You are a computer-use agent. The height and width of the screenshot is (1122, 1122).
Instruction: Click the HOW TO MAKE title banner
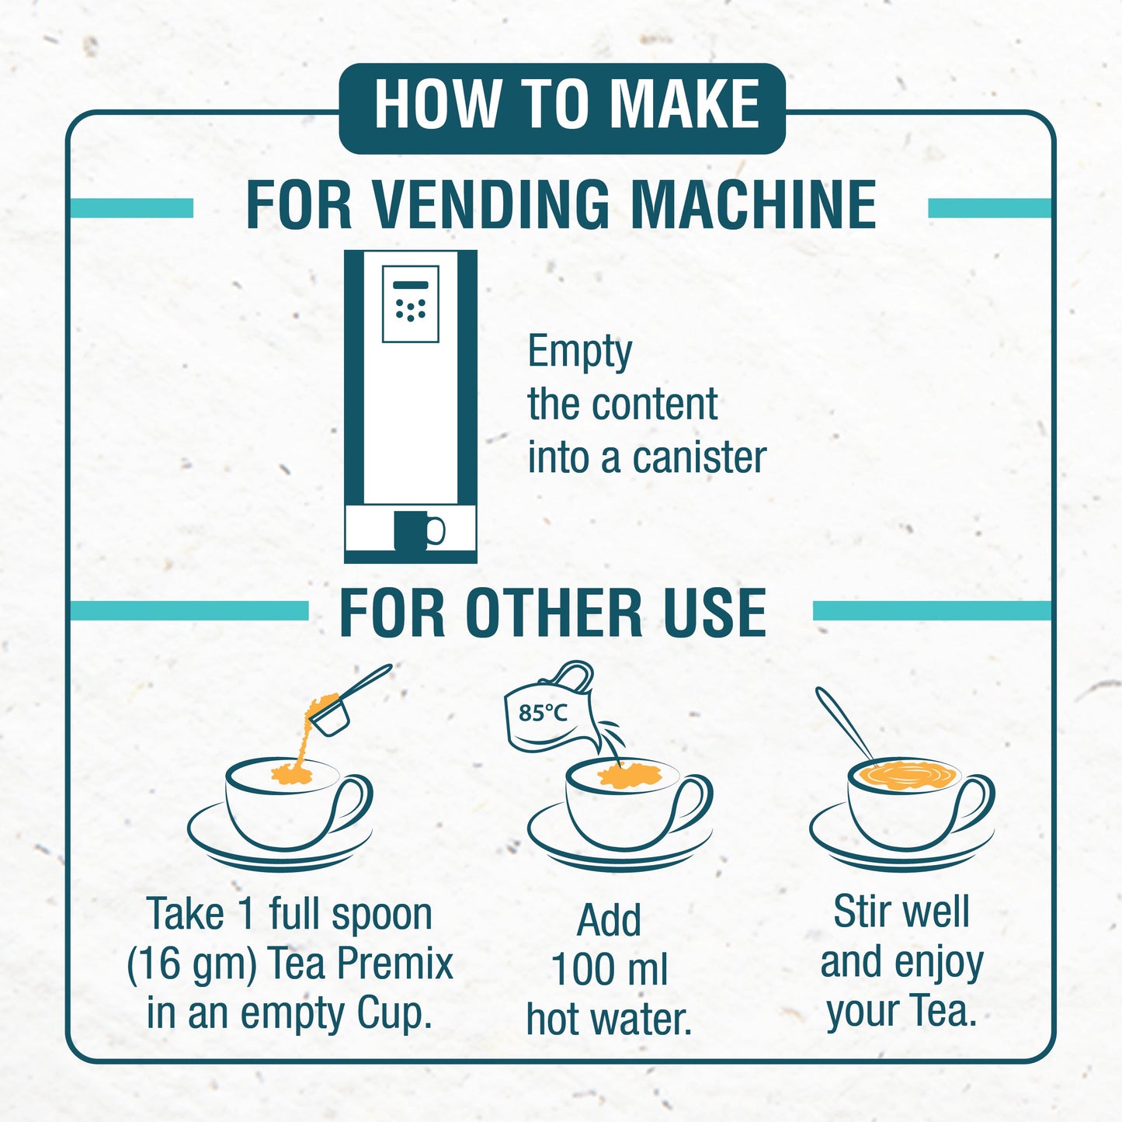click(562, 107)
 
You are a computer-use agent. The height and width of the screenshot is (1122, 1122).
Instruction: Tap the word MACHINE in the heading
click(752, 206)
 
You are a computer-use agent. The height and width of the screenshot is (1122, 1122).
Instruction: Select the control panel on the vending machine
click(410, 304)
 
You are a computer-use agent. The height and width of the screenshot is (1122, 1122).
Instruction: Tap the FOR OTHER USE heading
click(553, 613)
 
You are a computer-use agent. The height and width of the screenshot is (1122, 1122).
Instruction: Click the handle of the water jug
click(574, 675)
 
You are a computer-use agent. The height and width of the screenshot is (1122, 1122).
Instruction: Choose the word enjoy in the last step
click(939, 964)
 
